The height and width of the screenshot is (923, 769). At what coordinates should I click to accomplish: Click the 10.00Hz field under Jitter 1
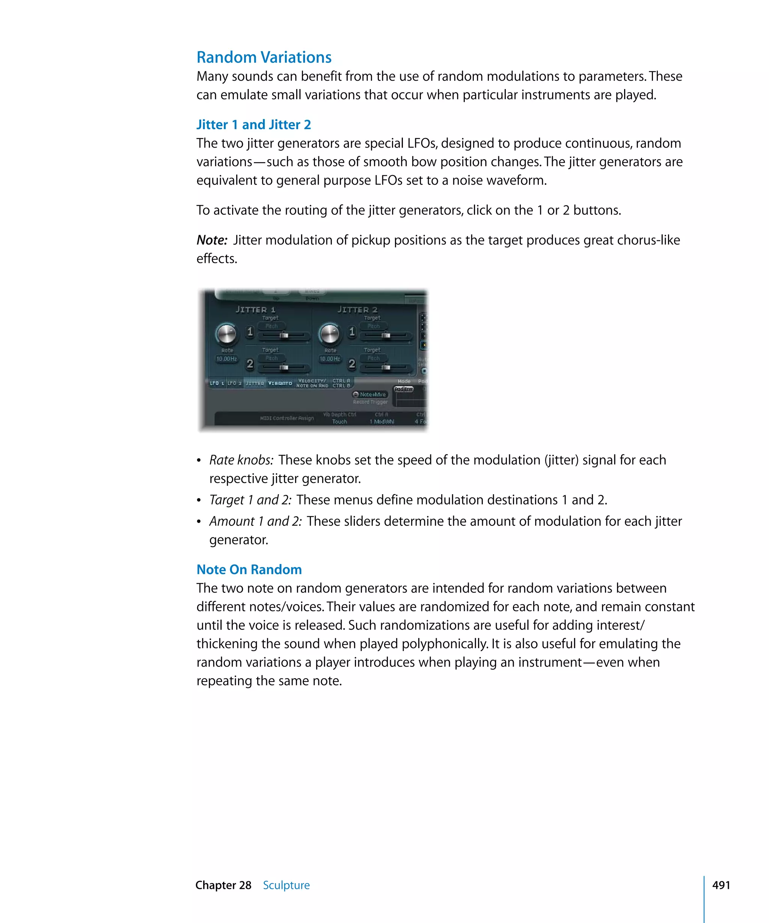(227, 359)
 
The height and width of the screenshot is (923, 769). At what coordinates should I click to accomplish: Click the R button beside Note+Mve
(356, 395)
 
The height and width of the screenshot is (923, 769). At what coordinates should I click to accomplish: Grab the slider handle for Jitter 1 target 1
(284, 335)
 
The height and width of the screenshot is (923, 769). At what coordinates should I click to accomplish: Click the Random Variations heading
(264, 57)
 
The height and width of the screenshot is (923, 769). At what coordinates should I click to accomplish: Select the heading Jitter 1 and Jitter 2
(253, 125)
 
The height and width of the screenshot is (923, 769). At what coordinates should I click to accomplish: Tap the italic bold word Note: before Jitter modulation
(212, 240)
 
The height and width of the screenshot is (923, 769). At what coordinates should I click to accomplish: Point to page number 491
(721, 885)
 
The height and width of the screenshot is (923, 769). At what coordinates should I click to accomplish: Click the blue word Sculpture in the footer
(286, 885)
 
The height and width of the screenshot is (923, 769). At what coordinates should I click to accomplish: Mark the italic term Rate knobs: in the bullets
(241, 460)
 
